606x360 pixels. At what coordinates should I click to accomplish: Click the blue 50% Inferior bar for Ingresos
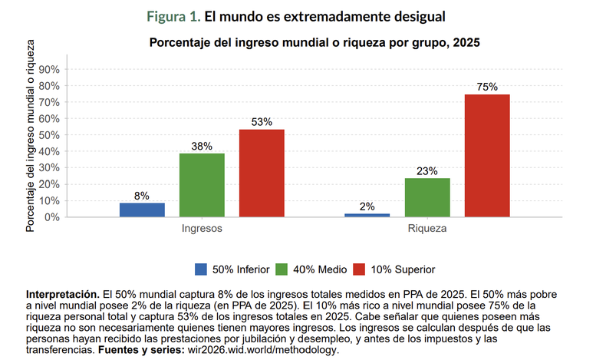point(142,210)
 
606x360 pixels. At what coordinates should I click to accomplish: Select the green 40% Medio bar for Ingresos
point(202,185)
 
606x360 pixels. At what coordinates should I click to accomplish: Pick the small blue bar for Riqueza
point(367,215)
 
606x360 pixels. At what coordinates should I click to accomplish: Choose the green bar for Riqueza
point(427,197)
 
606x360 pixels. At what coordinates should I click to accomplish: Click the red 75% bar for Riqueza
point(487,155)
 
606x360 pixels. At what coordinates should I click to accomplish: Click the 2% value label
point(367,206)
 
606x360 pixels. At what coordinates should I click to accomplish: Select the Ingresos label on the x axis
point(202,229)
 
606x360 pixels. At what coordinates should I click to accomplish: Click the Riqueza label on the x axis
point(427,229)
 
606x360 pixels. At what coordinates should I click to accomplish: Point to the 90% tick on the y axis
point(49,69)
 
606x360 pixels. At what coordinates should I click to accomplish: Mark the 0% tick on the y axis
point(52,217)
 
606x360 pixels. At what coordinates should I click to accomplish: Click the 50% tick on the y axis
point(49,135)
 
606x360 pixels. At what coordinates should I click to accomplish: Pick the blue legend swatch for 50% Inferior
point(201,269)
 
